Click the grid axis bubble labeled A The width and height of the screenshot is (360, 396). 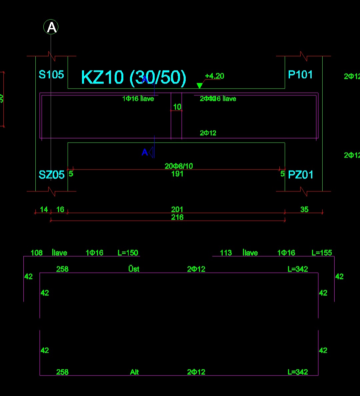coord(51,27)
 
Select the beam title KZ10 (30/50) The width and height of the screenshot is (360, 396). coord(133,77)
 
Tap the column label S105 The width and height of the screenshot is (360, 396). coord(51,74)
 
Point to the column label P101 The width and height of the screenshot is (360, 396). coord(300,74)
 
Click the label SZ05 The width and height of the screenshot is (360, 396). coord(51,174)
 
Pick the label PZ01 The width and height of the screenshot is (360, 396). coord(300,174)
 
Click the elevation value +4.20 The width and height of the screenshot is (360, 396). coord(214,76)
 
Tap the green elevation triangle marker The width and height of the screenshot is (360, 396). coord(199,86)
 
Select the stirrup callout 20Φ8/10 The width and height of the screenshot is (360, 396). coord(179,166)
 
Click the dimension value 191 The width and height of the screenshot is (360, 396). coord(177,173)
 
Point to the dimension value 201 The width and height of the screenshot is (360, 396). coord(177,209)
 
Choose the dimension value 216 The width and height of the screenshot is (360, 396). coord(177,217)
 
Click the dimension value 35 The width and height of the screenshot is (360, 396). coord(304,209)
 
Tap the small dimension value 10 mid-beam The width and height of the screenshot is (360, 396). coord(177,107)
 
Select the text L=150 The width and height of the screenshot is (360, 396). coord(128,253)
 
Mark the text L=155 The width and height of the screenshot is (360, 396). coord(322,253)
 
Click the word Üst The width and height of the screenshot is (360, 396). coord(134,269)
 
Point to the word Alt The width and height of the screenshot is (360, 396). coord(134,372)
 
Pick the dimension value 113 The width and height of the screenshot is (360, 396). coord(226,253)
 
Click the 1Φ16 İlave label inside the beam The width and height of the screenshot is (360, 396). coord(138,98)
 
